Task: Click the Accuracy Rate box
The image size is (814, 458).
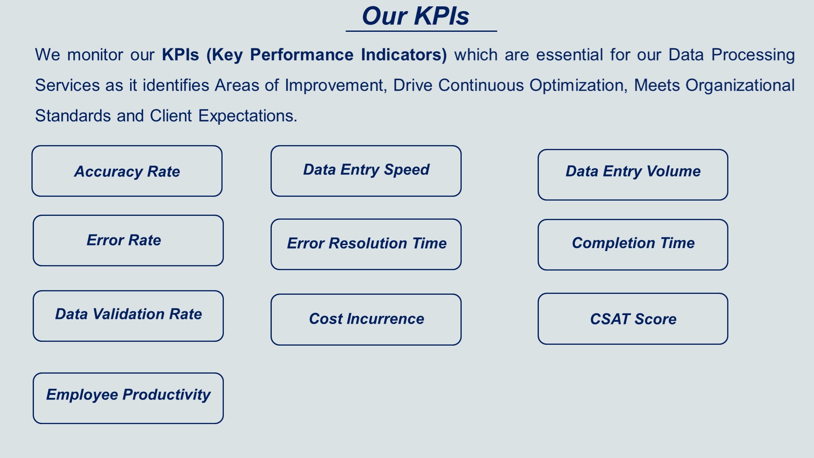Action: point(127,171)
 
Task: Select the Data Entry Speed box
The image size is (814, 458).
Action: point(366,171)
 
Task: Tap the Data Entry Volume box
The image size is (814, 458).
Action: point(633,175)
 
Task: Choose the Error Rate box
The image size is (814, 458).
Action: point(128,240)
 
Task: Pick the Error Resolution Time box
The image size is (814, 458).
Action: point(366,244)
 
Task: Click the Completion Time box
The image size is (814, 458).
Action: point(633,245)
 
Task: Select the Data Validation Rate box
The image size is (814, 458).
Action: point(128,316)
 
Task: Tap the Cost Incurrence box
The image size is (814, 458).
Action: point(366,320)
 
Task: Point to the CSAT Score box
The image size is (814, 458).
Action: point(633,319)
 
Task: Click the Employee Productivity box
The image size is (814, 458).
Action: point(128,398)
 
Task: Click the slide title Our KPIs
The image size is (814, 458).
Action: point(415,16)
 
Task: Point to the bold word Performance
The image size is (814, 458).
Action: point(301,55)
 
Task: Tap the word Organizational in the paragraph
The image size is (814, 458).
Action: point(740,86)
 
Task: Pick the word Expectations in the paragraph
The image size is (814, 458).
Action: point(248,116)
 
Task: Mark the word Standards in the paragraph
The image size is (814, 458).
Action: point(73,116)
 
